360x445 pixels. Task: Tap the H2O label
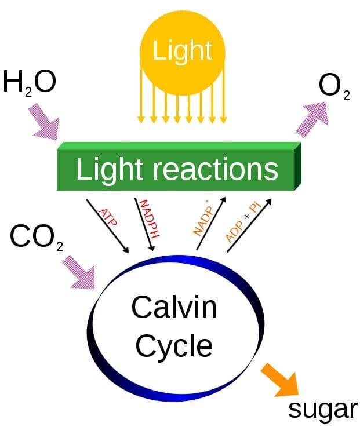point(29,82)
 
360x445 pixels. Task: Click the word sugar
point(322,409)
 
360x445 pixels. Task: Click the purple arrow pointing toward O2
point(313,117)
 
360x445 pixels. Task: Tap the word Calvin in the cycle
point(174,307)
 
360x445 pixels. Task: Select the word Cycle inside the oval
point(174,346)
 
